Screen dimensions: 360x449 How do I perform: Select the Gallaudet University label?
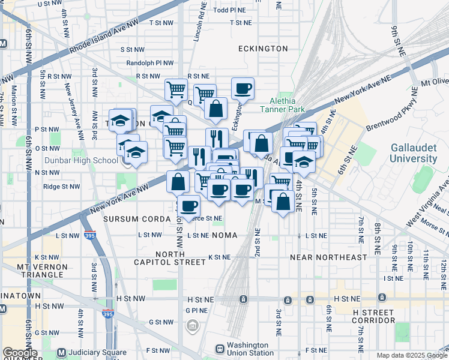click(413, 153)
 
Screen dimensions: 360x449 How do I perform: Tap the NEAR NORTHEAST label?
click(328, 257)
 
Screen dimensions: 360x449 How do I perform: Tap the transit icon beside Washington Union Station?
click(220, 349)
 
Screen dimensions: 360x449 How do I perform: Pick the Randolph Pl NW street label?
click(150, 63)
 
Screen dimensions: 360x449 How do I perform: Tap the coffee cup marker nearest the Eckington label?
click(243, 89)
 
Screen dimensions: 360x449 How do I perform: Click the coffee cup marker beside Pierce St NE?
click(189, 206)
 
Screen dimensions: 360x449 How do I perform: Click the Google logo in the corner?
click(20, 353)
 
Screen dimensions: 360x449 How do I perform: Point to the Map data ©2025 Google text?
click(411, 355)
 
